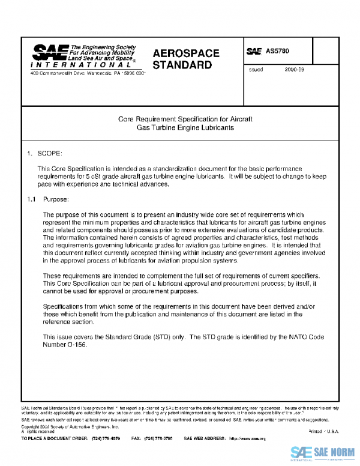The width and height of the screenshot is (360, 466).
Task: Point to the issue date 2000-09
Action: [x=295, y=70]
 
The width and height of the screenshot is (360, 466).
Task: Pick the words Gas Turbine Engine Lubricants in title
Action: [x=185, y=128]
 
